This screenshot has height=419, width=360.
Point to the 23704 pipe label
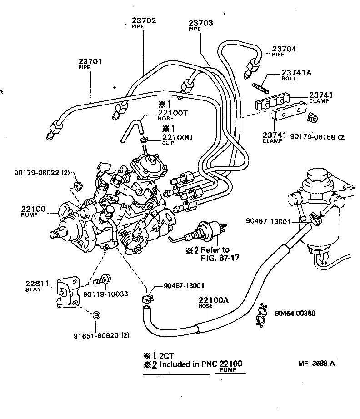(x=284, y=49)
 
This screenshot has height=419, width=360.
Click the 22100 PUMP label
(x=33, y=209)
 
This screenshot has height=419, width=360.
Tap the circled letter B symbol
(x=97, y=316)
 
